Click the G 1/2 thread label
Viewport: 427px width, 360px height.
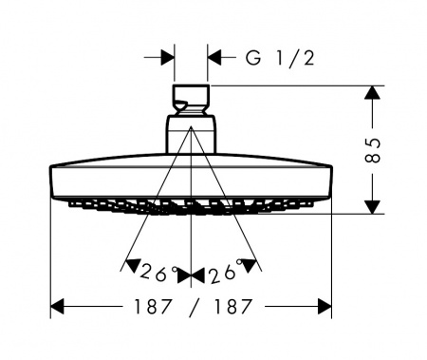(280, 58)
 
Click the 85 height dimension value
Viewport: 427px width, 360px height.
(373, 150)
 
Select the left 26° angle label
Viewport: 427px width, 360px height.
(158, 273)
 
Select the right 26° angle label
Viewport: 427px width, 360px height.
(226, 272)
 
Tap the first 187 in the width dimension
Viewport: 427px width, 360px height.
(153, 307)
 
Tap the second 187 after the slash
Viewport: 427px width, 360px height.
(232, 307)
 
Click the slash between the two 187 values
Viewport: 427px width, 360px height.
(193, 307)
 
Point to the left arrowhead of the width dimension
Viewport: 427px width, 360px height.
(57, 307)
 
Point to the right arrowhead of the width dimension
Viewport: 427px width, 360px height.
(325, 307)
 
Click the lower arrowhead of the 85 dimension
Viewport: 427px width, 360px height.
(373, 207)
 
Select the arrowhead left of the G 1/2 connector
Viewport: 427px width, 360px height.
(167, 58)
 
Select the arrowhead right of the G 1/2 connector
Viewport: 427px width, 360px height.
(214, 58)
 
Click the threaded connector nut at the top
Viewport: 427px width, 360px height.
(191, 97)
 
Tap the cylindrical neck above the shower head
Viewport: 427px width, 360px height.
(191, 135)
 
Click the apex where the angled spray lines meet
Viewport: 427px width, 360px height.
(191, 126)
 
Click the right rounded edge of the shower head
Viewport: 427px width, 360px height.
(330, 182)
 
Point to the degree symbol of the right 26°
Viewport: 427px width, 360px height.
(239, 261)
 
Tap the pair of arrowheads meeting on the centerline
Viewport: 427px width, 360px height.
(191, 276)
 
